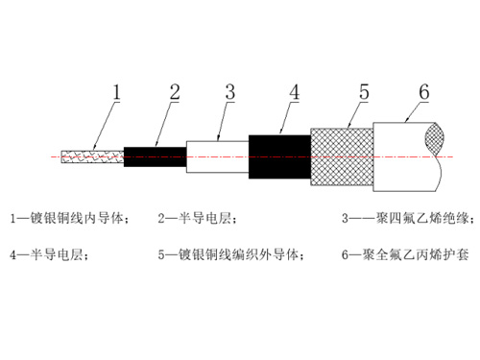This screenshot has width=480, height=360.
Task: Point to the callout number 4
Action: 294,92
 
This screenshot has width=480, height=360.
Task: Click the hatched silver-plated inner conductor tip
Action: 91,155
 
